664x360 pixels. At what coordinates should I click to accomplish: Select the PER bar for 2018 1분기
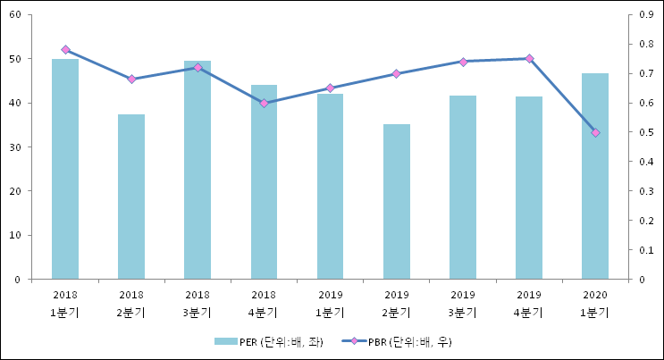pos(65,169)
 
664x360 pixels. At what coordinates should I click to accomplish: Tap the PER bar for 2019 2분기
pos(396,202)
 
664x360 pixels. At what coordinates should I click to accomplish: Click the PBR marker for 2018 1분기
pos(65,50)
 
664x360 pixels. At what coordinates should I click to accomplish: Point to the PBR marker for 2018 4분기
pos(264,103)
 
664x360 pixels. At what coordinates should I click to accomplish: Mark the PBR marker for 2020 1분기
pos(595,132)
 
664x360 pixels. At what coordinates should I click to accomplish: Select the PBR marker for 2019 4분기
pos(529,59)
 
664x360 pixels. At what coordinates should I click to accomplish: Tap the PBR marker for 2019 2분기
pos(396,73)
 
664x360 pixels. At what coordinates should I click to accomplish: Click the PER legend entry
pos(268,341)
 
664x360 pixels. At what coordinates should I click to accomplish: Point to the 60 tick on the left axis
pos(18,15)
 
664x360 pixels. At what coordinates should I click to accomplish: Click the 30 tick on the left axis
pos(18,147)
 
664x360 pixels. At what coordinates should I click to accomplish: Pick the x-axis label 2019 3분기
pos(463,303)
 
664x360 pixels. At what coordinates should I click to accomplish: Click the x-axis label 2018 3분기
pos(198,303)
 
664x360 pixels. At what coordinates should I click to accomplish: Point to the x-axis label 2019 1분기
pos(330,303)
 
